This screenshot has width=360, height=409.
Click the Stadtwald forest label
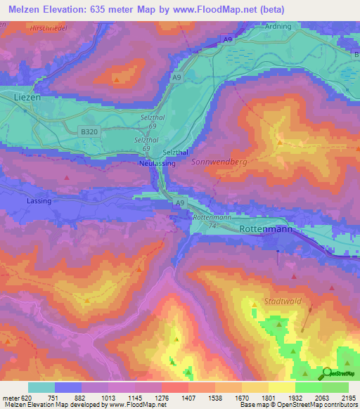point(283,301)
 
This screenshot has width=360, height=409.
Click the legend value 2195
point(348,397)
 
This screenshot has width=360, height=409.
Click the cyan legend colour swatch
point(41,387)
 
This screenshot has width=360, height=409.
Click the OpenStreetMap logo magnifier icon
point(328,372)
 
